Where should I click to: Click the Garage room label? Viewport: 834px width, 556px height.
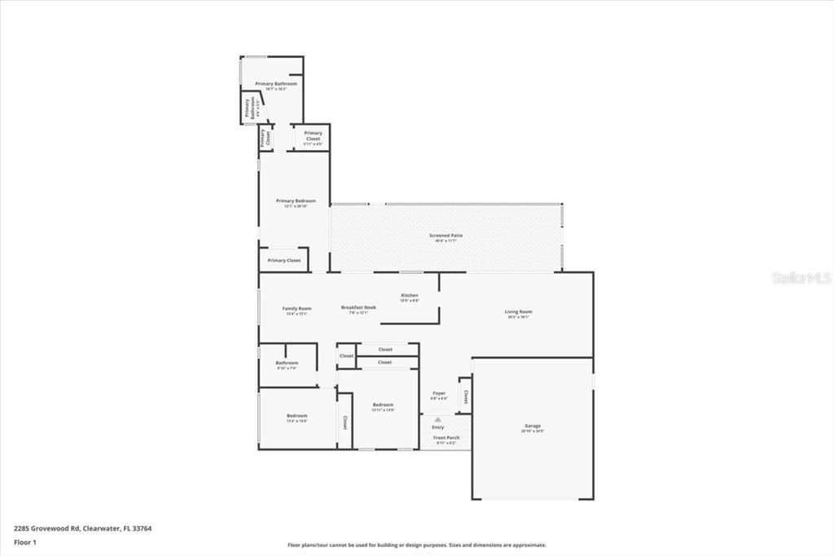tap(533, 426)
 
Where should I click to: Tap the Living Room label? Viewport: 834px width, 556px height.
tap(518, 311)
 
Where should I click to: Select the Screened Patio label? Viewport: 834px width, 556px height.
tap(446, 236)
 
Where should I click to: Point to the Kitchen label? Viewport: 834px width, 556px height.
tap(409, 295)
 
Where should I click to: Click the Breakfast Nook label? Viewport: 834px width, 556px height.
tap(358, 307)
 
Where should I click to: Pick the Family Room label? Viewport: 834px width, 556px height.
tap(296, 308)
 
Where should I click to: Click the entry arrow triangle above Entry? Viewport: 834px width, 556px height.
tap(437, 419)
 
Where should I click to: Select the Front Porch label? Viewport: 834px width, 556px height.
tap(446, 438)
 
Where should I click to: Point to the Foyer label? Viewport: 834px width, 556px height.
tap(438, 394)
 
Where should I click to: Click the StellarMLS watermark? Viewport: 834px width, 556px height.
tap(801, 278)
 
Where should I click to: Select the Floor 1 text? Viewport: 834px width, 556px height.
tap(26, 541)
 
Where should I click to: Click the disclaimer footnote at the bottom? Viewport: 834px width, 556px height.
tap(416, 545)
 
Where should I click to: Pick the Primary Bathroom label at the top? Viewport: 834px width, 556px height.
tap(275, 84)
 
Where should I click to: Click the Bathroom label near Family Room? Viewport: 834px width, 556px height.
tap(287, 363)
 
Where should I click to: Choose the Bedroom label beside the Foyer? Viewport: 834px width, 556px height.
tap(383, 405)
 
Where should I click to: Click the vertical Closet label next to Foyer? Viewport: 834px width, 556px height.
tap(465, 397)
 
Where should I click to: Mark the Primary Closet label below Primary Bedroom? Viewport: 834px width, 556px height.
tap(284, 260)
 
